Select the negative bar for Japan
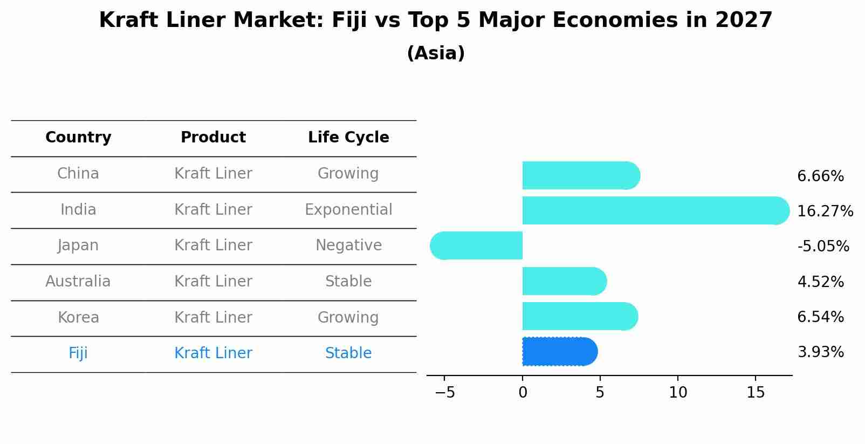tap(477, 246)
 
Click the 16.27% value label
tap(825, 211)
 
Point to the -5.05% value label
tap(823, 247)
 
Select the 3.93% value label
tap(820, 352)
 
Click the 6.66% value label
tap(820, 176)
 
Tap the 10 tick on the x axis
tap(678, 393)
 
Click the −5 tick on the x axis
tap(444, 393)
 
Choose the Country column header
tap(78, 138)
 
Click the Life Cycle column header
tap(348, 138)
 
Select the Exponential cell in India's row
tap(348, 210)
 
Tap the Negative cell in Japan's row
tap(348, 245)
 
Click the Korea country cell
tap(78, 318)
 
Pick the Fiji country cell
tap(78, 353)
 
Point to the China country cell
tap(78, 174)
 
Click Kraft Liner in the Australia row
tap(213, 282)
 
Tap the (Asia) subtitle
tap(436, 53)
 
